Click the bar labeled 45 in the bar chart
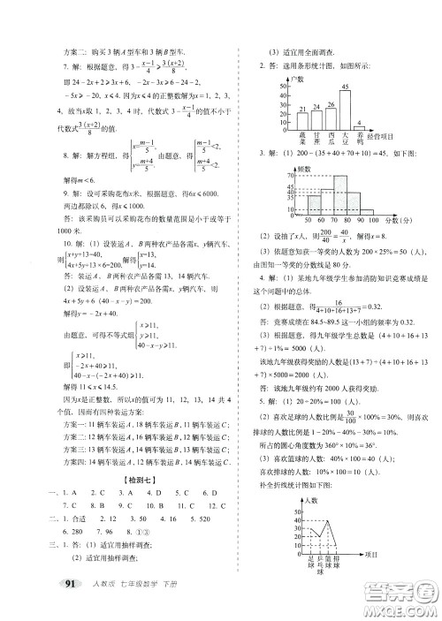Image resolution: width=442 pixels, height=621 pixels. click(346, 108)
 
